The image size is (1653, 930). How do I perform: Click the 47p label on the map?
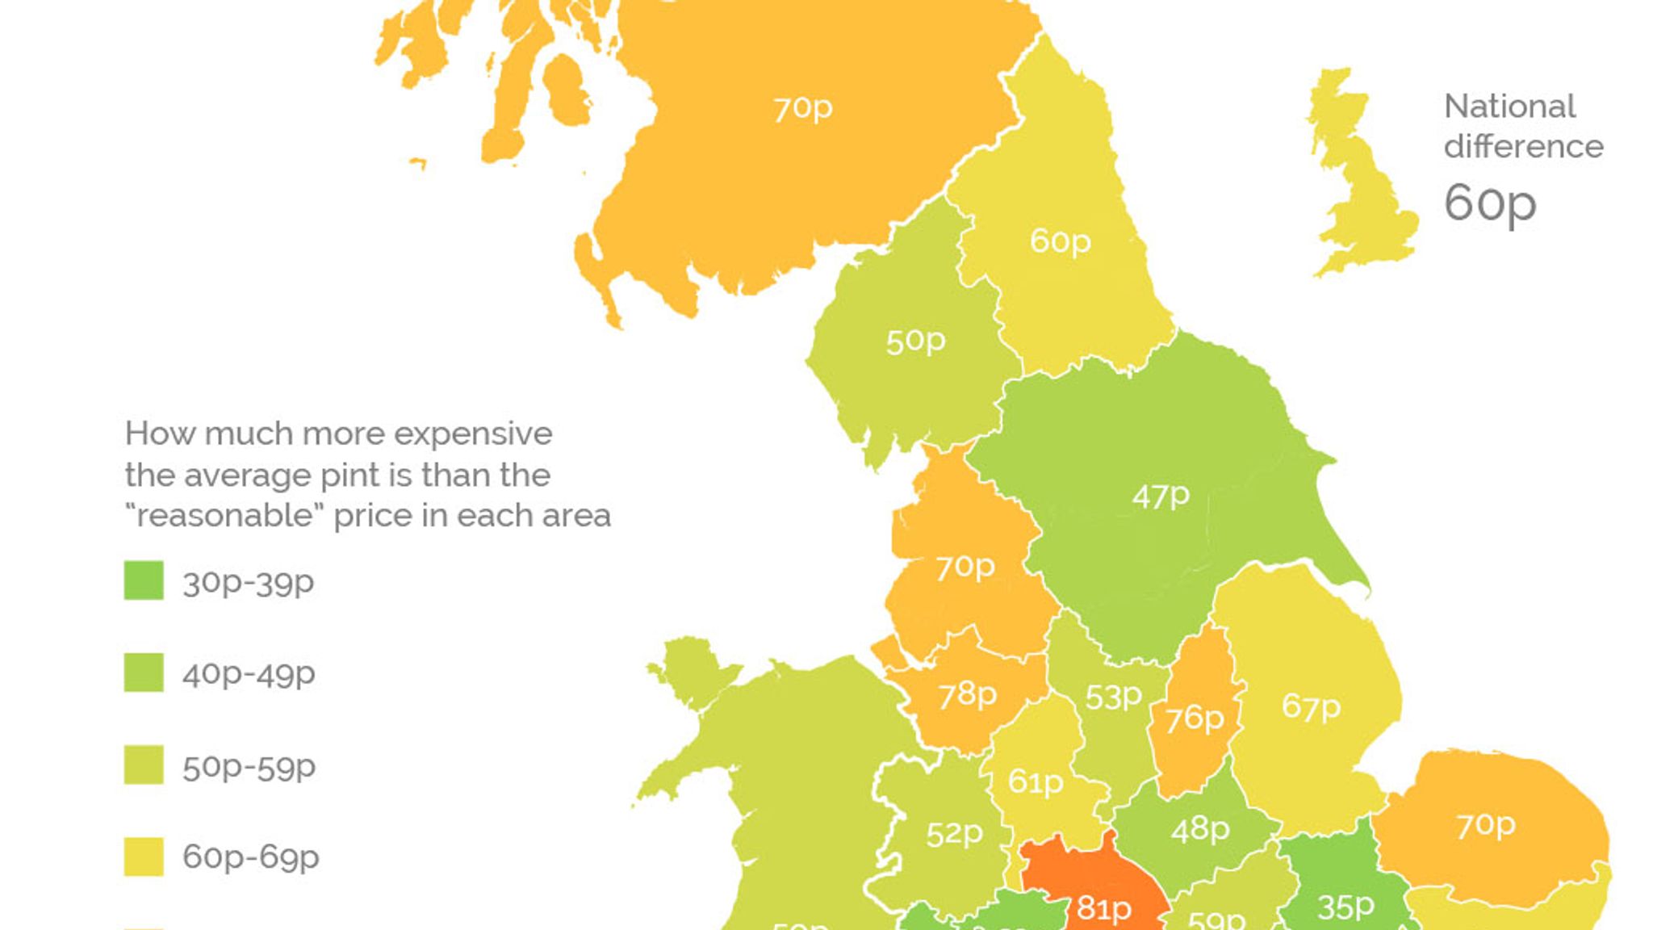(1161, 496)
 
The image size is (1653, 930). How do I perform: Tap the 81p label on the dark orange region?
(1104, 908)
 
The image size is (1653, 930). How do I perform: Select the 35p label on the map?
(1345, 907)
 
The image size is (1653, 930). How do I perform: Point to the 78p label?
(967, 694)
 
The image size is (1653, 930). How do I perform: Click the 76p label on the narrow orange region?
(1195, 718)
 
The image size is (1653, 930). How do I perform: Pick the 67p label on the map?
(1311, 707)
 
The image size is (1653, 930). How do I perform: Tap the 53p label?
(1113, 696)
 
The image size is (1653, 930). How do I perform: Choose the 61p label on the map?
(1036, 781)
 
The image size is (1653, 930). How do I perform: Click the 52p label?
(954, 833)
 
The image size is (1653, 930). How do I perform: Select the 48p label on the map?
(1200, 829)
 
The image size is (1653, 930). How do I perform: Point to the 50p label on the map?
(915, 341)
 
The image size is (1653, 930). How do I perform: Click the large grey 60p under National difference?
(1489, 202)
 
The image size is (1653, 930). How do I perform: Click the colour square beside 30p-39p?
(144, 580)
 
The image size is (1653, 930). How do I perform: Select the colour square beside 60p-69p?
(144, 857)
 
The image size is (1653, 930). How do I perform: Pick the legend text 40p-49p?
(249, 673)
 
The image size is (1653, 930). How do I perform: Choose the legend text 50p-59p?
(249, 766)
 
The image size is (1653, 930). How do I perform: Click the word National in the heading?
(1509, 107)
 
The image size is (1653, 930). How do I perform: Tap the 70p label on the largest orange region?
(802, 108)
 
